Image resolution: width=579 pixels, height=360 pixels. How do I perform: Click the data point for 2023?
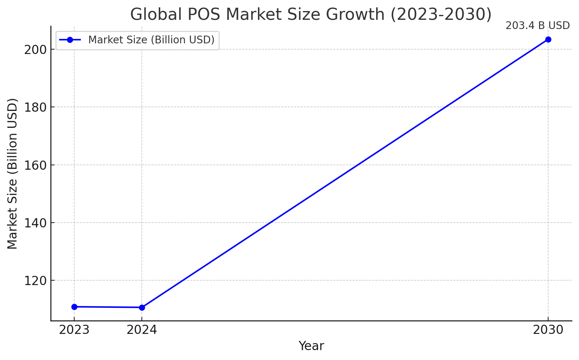[74, 307]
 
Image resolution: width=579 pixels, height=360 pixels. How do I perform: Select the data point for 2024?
[142, 307]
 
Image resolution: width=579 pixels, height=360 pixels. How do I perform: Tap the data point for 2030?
[548, 39]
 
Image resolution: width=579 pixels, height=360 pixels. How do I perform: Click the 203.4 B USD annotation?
[537, 26]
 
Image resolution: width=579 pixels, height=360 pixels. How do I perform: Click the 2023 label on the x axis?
[74, 330]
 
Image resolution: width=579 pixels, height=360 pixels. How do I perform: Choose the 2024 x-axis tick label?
[142, 330]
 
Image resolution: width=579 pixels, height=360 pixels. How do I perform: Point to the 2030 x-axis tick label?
[548, 330]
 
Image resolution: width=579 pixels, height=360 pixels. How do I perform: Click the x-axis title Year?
[311, 346]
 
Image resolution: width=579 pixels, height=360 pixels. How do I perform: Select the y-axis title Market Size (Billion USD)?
[12, 174]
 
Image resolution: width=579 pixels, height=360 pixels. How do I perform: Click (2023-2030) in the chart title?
[441, 15]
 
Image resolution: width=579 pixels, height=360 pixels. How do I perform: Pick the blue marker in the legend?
[70, 40]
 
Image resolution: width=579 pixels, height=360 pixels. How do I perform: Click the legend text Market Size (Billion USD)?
[151, 40]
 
